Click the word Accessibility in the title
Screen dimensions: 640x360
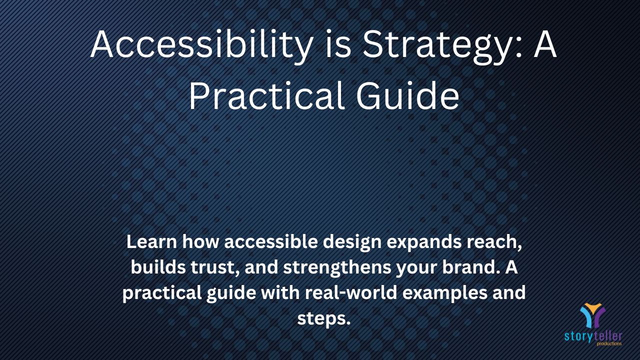(x=201, y=45)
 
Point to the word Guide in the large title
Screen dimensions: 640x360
(x=407, y=95)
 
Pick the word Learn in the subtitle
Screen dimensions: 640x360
(x=151, y=241)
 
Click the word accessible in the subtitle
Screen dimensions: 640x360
(x=271, y=241)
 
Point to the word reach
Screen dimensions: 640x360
(x=492, y=241)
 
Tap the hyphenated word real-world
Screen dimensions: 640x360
(x=351, y=292)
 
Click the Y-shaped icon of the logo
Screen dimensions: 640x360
(x=592, y=315)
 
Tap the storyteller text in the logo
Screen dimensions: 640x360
(x=593, y=336)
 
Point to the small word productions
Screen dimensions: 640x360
(x=609, y=343)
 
